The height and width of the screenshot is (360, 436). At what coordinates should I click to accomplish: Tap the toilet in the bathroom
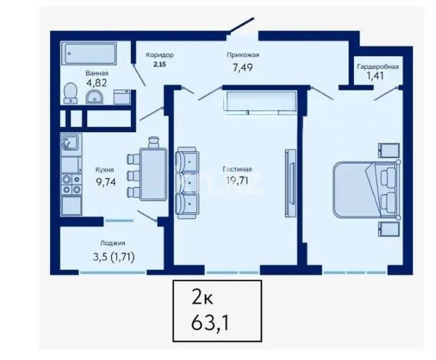(69, 94)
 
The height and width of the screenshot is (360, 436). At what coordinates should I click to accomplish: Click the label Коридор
(160, 55)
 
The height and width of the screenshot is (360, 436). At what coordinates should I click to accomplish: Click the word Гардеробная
(377, 66)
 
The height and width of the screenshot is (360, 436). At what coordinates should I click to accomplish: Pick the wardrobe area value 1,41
(377, 76)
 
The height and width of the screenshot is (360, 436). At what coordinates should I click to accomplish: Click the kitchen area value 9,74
(106, 182)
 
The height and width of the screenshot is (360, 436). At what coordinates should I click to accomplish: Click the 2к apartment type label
(203, 299)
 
